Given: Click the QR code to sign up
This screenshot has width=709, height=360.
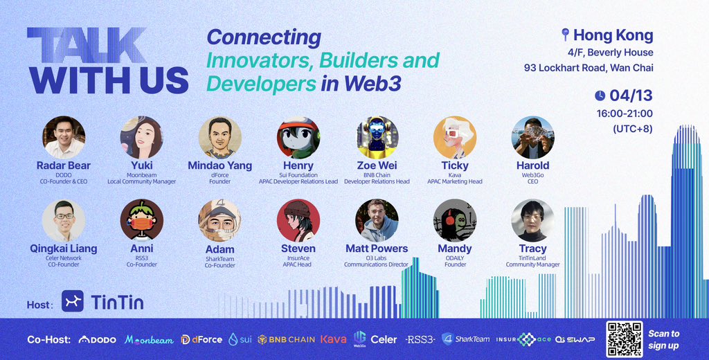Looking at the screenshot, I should pos(624,339).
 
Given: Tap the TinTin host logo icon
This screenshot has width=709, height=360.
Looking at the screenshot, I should pos(73,300).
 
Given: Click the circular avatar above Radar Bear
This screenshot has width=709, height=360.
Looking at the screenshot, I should pos(64,137).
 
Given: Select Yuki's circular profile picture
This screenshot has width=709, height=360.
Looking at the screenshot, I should pos(141,137).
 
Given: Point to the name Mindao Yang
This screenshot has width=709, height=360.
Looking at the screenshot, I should pos(219,166).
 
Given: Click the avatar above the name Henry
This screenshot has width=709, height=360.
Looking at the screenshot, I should pos(298,137).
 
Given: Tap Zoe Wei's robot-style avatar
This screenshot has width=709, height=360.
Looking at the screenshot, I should pos(377,137).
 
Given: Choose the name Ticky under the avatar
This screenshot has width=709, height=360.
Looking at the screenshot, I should pos(455,166).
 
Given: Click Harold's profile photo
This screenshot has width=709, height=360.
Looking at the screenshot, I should pos(532,137).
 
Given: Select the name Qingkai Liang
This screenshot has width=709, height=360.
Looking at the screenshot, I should pos(64,249).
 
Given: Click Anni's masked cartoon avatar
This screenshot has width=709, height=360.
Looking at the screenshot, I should pos(141,220).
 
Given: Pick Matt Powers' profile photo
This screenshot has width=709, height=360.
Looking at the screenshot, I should pos(377,220).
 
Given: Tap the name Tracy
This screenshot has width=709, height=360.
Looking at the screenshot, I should pos(532,249).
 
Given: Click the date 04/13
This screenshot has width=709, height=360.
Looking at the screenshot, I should pos(631,96).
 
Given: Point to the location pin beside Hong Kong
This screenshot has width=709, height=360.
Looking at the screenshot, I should pos(564,35).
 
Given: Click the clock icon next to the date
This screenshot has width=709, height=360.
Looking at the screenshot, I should pos(600,96).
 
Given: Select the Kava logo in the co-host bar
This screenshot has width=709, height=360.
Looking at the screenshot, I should pos(333,339).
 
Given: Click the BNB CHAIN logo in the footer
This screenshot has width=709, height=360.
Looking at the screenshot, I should pos(287,339).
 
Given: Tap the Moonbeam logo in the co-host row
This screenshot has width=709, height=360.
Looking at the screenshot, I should pos(149,339).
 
